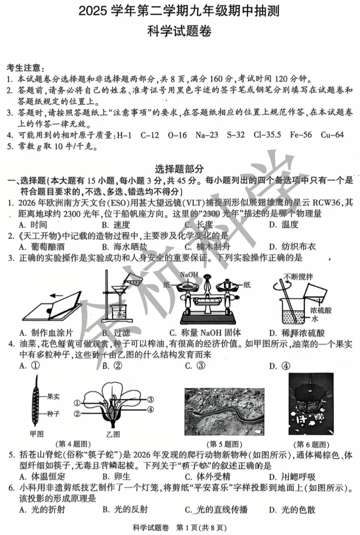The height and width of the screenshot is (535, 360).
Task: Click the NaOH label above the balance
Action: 189,275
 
